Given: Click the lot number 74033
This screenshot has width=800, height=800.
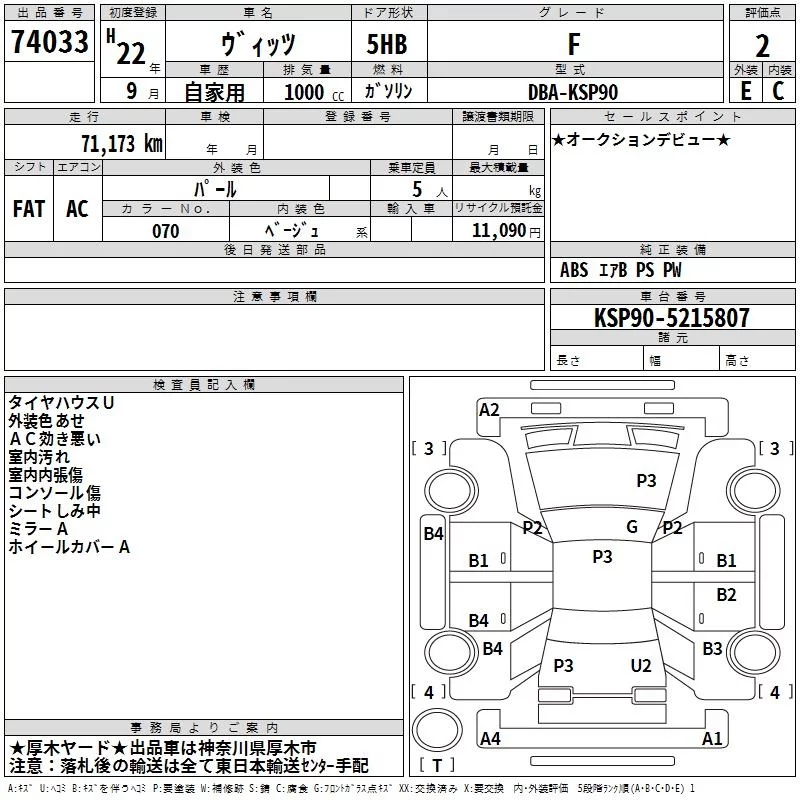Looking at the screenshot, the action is click(49, 41).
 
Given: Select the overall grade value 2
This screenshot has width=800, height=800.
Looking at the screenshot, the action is click(762, 46).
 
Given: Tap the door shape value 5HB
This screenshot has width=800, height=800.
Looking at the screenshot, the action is click(387, 44).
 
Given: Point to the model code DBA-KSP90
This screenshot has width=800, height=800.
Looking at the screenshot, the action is click(572, 92).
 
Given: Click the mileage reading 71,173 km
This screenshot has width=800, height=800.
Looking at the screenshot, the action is click(122, 143).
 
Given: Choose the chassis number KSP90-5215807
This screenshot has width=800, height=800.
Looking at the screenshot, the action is click(671, 317).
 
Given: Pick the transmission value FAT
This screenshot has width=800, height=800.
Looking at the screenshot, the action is click(29, 209).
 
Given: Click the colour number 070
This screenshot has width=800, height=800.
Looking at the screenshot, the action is click(166, 231).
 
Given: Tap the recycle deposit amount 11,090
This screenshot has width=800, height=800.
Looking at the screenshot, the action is click(498, 231).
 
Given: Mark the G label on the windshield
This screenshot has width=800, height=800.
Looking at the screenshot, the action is click(632, 527).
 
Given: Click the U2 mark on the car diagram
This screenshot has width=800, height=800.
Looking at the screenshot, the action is click(641, 665).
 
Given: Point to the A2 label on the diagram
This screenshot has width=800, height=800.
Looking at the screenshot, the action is click(489, 410).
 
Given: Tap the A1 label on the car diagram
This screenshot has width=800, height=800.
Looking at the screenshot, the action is click(712, 738).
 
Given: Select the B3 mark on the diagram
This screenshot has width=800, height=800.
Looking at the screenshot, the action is click(712, 648).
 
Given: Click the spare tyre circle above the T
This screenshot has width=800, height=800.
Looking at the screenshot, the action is click(437, 730).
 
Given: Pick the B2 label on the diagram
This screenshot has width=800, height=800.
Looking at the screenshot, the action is click(726, 594).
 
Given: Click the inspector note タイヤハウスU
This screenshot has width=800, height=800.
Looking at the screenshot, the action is click(61, 403).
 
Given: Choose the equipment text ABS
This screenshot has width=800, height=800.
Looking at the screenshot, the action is click(574, 270).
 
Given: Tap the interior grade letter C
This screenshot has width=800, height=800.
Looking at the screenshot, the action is click(778, 91).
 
